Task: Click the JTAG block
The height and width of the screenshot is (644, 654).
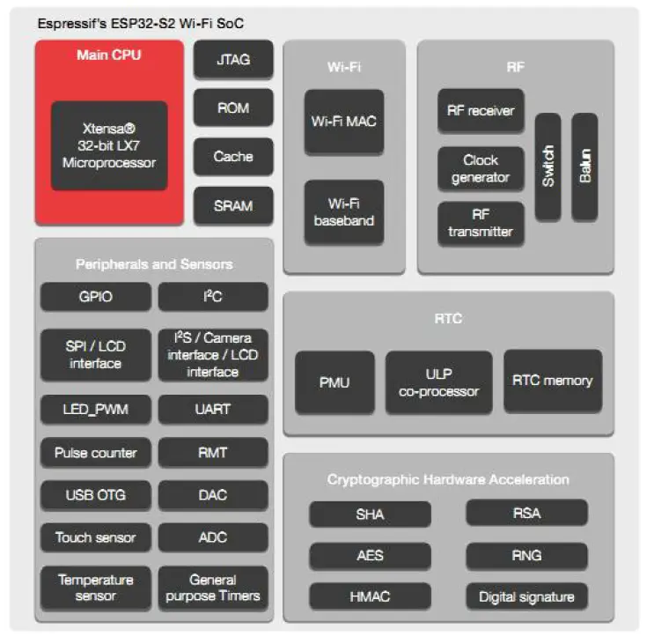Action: (x=233, y=60)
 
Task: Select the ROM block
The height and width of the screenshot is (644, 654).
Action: (x=233, y=108)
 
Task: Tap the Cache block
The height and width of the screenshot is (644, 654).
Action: (x=233, y=157)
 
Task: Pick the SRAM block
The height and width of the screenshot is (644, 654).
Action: (x=233, y=206)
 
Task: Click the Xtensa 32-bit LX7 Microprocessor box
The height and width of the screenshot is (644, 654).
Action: (x=109, y=145)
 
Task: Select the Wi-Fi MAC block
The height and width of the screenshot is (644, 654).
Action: (x=344, y=122)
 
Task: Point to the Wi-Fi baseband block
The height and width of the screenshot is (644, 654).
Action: (x=344, y=212)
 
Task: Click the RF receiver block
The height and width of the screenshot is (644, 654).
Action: (x=481, y=111)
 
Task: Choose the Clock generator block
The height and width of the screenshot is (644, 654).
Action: (x=481, y=168)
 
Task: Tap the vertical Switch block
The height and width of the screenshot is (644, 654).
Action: (x=547, y=167)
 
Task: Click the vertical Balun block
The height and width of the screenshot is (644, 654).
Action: (x=584, y=167)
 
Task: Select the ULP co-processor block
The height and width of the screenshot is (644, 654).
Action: (x=438, y=381)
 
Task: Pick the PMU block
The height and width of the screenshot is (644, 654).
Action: (x=334, y=382)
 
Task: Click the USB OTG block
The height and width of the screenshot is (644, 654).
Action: (x=95, y=495)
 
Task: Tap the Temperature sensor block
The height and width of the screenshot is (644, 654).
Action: (x=95, y=588)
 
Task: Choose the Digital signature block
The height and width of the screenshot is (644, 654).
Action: (x=526, y=596)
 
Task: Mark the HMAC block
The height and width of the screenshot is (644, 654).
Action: (x=370, y=596)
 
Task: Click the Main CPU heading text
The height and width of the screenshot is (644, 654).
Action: (x=109, y=55)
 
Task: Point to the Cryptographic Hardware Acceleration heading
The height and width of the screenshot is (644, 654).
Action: (x=448, y=479)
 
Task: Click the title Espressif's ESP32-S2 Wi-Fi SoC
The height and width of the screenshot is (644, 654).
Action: (x=140, y=23)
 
